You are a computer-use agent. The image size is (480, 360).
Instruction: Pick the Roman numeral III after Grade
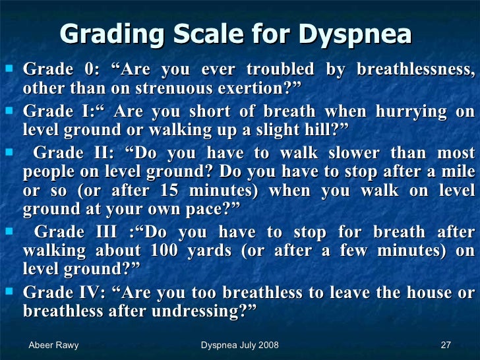109,232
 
